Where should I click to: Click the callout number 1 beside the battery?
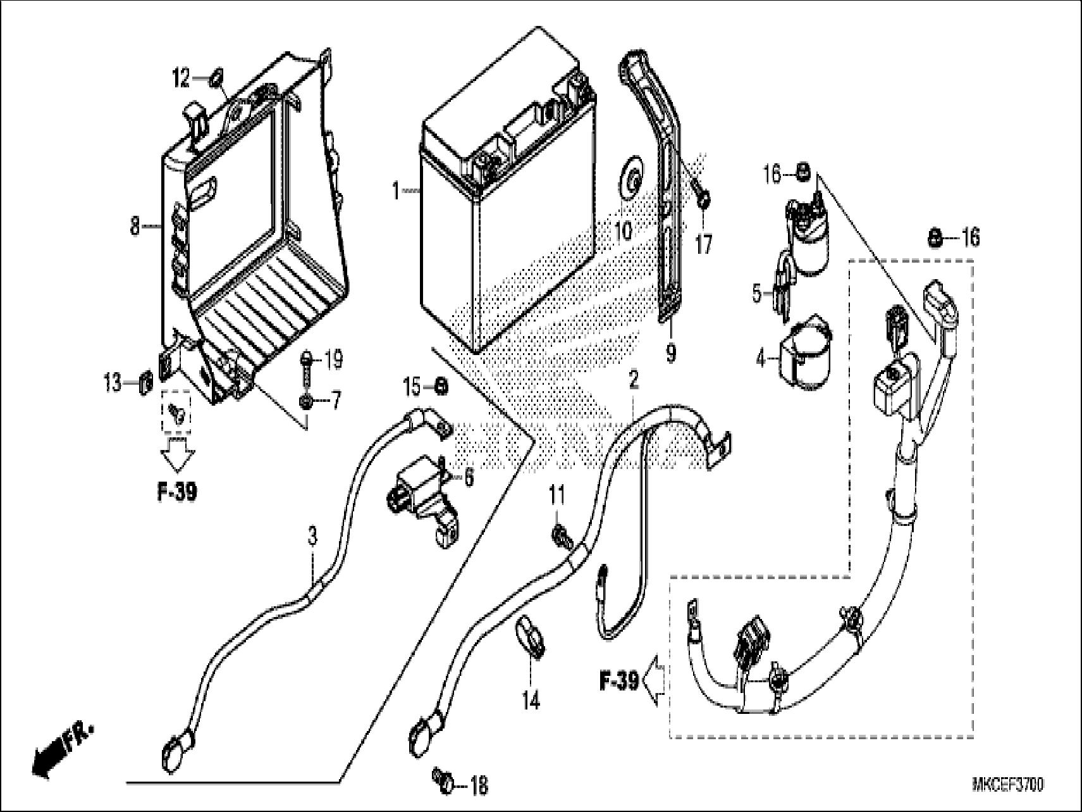396,191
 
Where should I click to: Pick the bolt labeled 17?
703,196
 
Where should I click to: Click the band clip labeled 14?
529,640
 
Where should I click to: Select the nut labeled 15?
442,385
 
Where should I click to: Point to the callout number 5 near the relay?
758,292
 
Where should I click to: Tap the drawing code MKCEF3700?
1008,785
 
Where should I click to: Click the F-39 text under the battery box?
176,492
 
